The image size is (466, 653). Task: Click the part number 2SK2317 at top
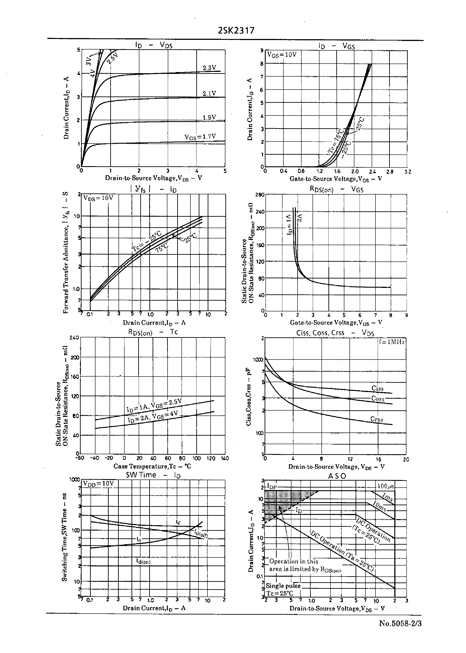pyautogui.click(x=236, y=31)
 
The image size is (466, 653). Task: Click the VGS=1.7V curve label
pyautogui.click(x=200, y=137)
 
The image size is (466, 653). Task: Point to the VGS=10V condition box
pyautogui.click(x=282, y=55)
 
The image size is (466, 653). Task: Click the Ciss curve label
pyautogui.click(x=377, y=388)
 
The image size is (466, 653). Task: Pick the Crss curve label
pyautogui.click(x=376, y=419)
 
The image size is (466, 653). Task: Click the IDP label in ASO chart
pyautogui.click(x=272, y=486)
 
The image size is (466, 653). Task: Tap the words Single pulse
pyautogui.click(x=283, y=586)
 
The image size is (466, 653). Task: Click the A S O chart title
pyautogui.click(x=337, y=476)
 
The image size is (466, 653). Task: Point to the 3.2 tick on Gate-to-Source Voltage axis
pyautogui.click(x=408, y=172)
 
